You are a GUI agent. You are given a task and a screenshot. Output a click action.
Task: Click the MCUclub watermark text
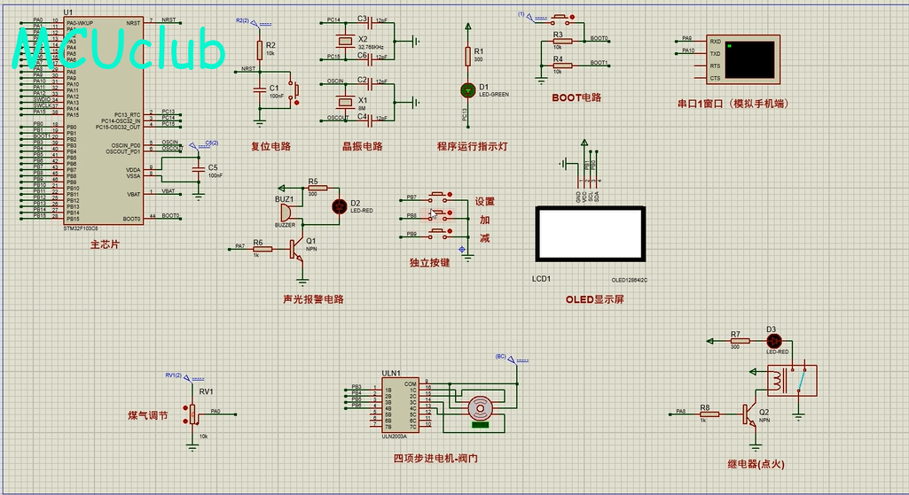[120, 50]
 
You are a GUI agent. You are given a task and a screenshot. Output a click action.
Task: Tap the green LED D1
[467, 89]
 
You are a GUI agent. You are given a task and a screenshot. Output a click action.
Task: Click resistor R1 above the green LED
[467, 56]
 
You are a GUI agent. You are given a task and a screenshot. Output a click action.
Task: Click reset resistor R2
[259, 50]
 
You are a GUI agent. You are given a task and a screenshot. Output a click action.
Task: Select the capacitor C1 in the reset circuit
[259, 89]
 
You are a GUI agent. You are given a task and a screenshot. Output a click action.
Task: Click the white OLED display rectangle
[590, 235]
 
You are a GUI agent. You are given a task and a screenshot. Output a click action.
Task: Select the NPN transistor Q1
[296, 250]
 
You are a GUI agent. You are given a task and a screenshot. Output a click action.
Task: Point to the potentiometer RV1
[192, 414]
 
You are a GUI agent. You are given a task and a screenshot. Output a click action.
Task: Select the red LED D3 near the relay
[772, 340]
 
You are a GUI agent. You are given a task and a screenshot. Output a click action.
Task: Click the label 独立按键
[429, 263]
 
